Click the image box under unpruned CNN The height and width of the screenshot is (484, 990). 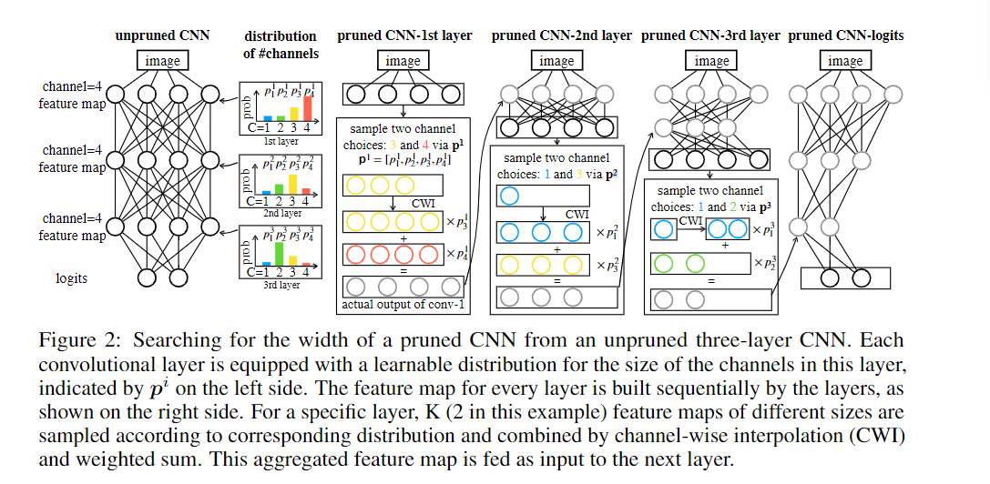(163, 62)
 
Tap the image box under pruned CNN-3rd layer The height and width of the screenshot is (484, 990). (711, 62)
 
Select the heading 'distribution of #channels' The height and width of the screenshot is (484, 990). (281, 45)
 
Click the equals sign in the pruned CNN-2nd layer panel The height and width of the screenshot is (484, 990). (555, 281)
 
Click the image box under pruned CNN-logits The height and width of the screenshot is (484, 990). (845, 62)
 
